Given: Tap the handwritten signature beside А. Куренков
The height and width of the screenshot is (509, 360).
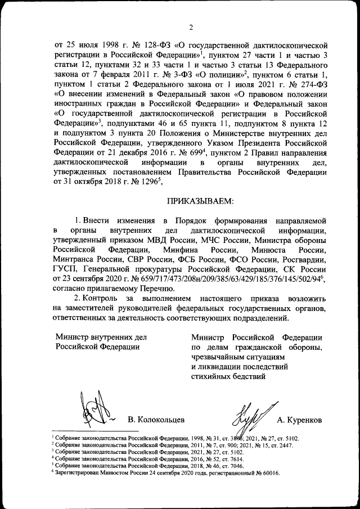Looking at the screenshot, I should click(253, 415).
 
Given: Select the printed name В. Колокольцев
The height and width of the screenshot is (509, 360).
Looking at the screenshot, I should click(156, 420).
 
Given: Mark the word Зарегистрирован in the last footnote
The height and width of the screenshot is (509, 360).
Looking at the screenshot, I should click(77, 474).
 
